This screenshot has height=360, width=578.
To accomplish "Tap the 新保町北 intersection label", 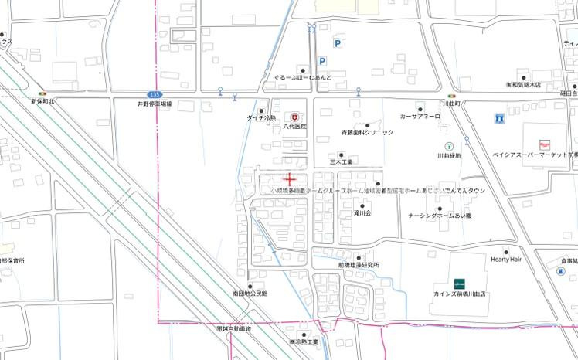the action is (43, 102).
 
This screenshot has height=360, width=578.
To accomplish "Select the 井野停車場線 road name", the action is (155, 103).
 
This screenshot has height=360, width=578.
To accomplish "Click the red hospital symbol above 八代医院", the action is (294, 115).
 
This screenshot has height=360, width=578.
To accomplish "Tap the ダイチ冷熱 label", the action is (261, 118).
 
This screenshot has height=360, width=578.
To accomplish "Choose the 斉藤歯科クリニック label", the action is (367, 133).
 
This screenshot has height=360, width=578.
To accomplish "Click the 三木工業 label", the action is (341, 162).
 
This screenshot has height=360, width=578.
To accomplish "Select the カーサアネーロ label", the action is (420, 117).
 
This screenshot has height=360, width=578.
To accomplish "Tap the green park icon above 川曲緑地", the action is (448, 146).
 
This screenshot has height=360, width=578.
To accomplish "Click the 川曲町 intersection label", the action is (451, 103).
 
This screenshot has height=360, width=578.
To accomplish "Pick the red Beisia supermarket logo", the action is (543, 144).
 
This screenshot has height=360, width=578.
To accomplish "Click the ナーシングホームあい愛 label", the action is (440, 216).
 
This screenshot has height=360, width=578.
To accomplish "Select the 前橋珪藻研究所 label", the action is (358, 265).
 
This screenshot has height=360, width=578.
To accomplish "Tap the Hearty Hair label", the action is (506, 260).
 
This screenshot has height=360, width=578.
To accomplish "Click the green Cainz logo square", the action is (459, 283).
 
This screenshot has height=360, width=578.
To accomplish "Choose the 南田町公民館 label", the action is (250, 294).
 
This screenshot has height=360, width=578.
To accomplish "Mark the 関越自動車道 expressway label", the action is (234, 329).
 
